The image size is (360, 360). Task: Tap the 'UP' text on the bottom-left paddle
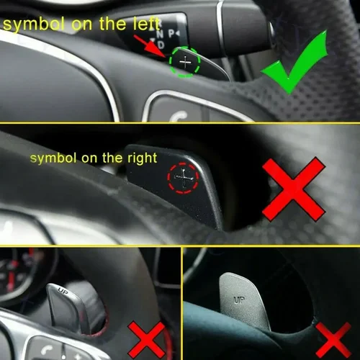click(62, 292)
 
